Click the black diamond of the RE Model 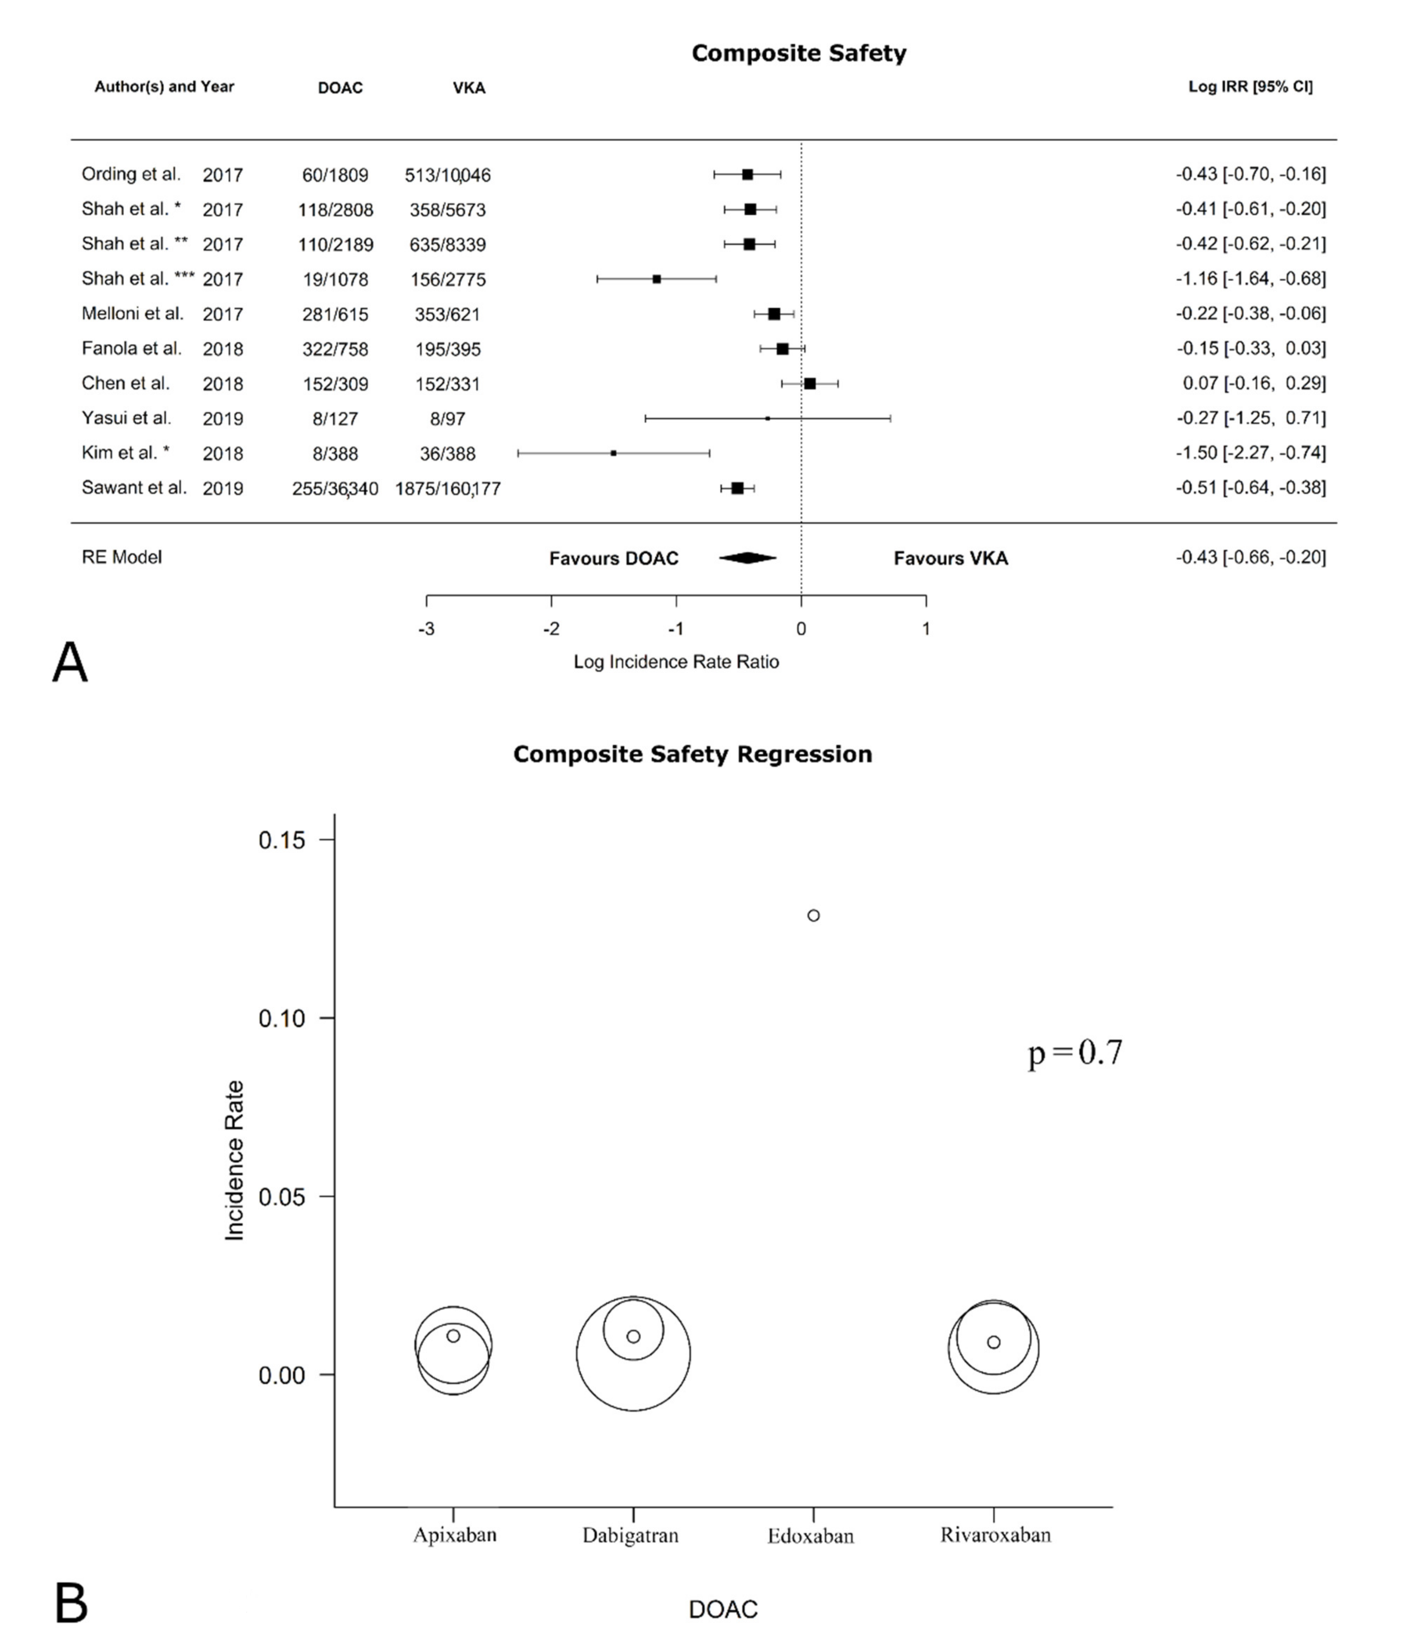click(747, 558)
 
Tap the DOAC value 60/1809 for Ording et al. click(335, 175)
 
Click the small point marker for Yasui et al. click(767, 418)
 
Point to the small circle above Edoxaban click(813, 916)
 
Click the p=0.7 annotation click(1075, 1053)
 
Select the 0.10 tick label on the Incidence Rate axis click(282, 1019)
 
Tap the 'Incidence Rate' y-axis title click(234, 1160)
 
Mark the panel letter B click(71, 1603)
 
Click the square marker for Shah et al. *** click(657, 279)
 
